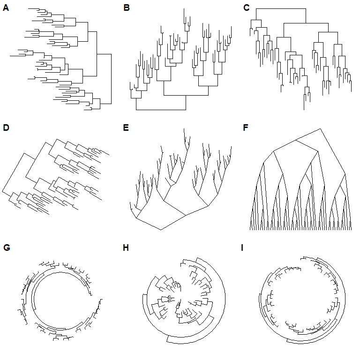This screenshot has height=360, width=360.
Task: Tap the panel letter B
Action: pos(126,7)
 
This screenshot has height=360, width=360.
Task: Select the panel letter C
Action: pos(247,7)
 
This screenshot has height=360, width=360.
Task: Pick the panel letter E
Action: pos(126,127)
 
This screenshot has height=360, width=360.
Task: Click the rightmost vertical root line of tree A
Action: pos(112,79)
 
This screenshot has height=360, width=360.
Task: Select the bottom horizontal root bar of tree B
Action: pos(161,110)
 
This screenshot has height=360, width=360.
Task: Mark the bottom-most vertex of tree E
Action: pos(161,230)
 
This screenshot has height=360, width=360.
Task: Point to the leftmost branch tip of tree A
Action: pos(10,55)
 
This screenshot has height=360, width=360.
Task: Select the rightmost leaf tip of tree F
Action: pos(351,230)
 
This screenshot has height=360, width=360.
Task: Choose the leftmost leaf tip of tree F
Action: pos(250,230)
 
